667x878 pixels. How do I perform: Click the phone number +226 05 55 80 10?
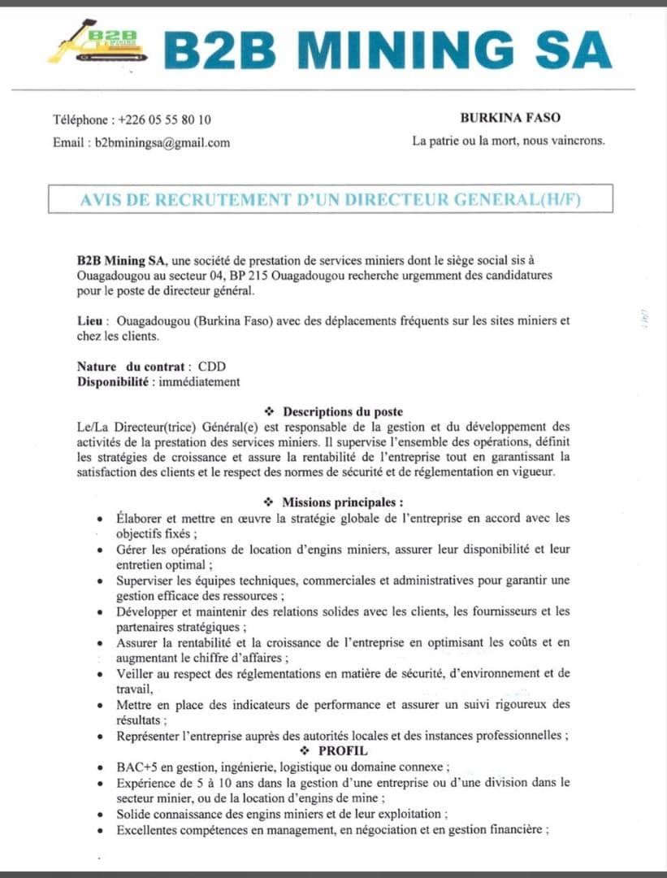click(x=165, y=120)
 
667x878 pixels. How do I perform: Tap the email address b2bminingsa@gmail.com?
click(x=162, y=142)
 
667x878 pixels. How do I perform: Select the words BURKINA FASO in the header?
click(x=510, y=118)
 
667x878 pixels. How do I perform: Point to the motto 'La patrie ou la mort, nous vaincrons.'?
click(x=509, y=141)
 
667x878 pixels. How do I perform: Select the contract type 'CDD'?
click(x=213, y=367)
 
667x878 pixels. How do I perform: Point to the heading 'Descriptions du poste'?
click(x=343, y=411)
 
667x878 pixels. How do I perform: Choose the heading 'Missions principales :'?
click(x=343, y=502)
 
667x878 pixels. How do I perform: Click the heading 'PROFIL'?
click(x=343, y=750)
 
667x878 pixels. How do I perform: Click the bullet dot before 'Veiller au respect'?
click(x=99, y=675)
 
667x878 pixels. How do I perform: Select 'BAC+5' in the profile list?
click(x=136, y=767)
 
